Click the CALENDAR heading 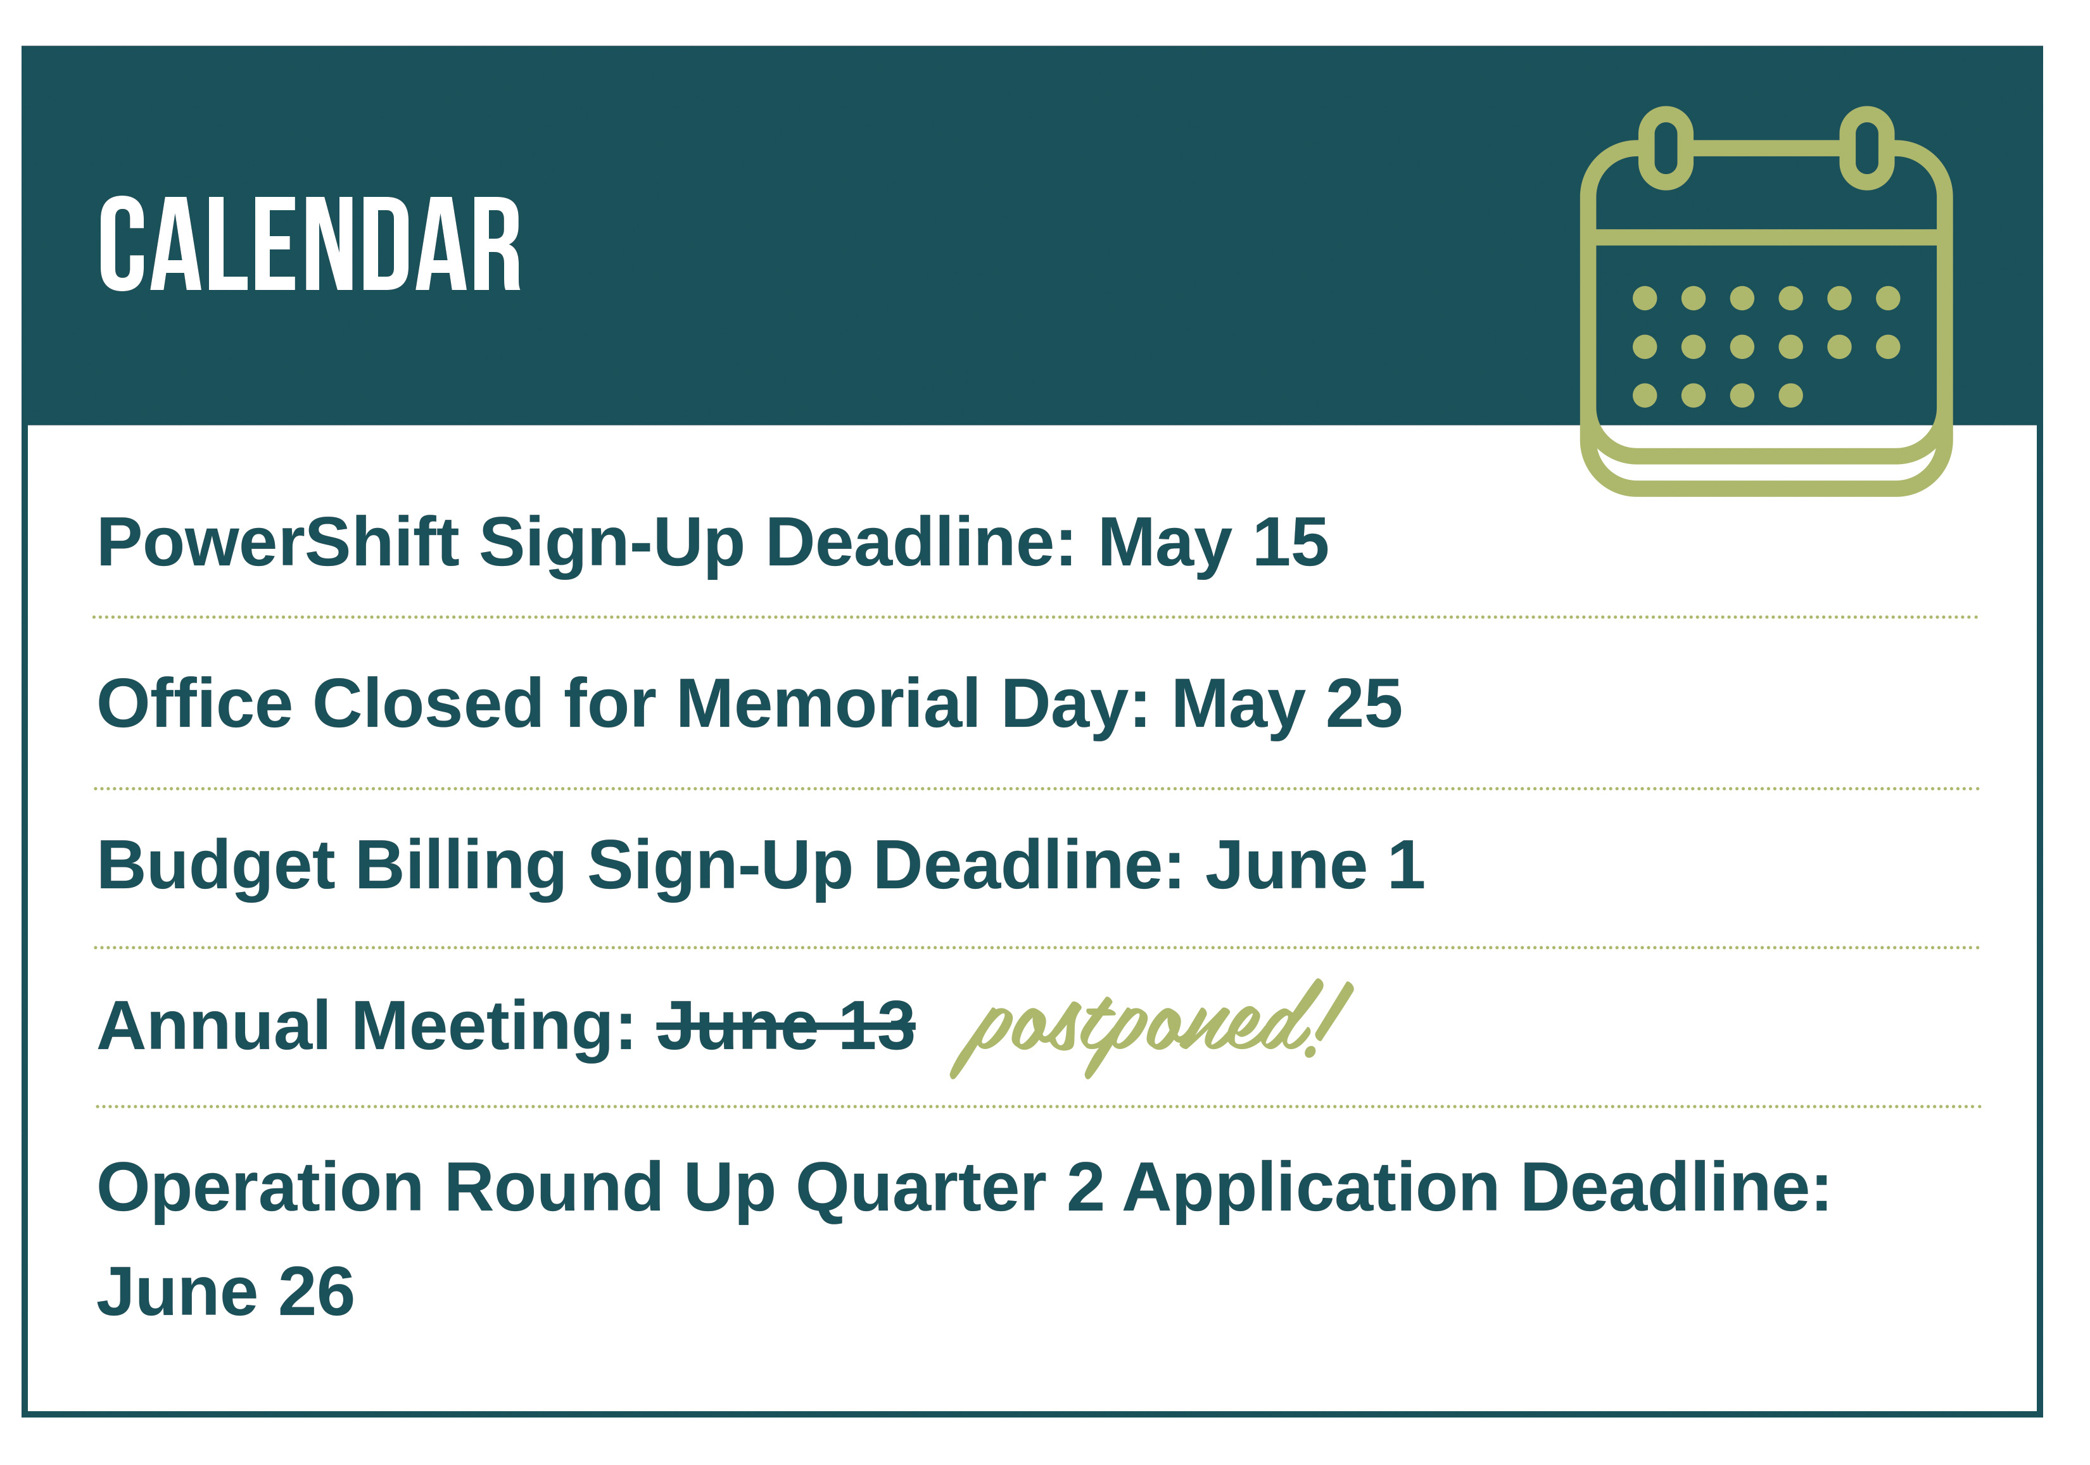tap(310, 245)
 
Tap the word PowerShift tap(277, 543)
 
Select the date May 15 tap(1213, 544)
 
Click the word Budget tap(216, 866)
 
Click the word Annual tap(213, 1026)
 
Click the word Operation tap(260, 1188)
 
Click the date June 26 tap(225, 1292)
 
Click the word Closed tap(429, 703)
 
